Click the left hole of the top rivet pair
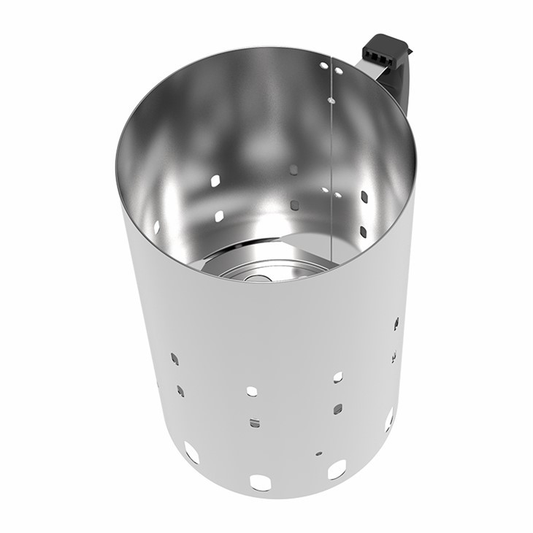click(323, 65)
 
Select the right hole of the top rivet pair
click(338, 71)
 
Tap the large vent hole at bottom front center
click(260, 483)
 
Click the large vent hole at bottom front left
click(191, 452)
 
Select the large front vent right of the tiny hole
click(337, 469)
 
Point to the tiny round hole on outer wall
click(318, 453)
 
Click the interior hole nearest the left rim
click(156, 226)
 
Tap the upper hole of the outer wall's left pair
click(175, 358)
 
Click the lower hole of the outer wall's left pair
click(180, 391)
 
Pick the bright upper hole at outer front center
click(252, 391)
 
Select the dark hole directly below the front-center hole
click(253, 423)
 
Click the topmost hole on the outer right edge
click(396, 322)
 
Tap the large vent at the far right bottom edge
click(388, 419)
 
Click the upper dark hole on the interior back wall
click(293, 169)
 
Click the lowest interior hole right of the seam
click(363, 231)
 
